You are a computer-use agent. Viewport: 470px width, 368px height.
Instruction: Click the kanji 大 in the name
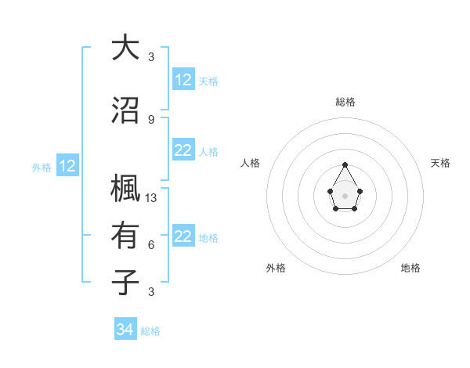coord(125,49)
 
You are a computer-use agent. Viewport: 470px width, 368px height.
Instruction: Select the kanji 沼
coord(125,111)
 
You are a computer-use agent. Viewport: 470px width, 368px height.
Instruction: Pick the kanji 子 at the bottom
coord(125,283)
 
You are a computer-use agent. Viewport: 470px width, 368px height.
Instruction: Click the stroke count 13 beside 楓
coord(152,197)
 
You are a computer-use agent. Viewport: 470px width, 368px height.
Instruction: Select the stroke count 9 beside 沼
coord(151,119)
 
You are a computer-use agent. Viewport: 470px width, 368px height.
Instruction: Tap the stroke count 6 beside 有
coord(151,244)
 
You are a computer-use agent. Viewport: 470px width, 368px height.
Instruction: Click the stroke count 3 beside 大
coord(151,56)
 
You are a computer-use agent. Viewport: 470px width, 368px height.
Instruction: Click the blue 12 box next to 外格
coord(67,166)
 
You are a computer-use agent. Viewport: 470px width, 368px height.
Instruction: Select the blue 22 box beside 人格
coord(183,151)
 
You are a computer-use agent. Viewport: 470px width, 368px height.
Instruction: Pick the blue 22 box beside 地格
coord(183,237)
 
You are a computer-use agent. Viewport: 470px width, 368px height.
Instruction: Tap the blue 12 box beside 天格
coord(183,80)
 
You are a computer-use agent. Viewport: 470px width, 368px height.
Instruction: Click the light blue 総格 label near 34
coord(150,331)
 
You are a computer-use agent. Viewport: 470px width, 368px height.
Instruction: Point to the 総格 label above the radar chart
coord(345,102)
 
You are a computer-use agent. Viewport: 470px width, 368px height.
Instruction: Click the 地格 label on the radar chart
coord(410,268)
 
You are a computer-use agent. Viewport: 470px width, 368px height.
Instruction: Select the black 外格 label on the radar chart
coord(276,268)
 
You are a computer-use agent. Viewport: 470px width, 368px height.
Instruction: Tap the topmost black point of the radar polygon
coord(345,164)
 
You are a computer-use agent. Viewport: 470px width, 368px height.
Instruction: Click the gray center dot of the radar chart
coord(345,194)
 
